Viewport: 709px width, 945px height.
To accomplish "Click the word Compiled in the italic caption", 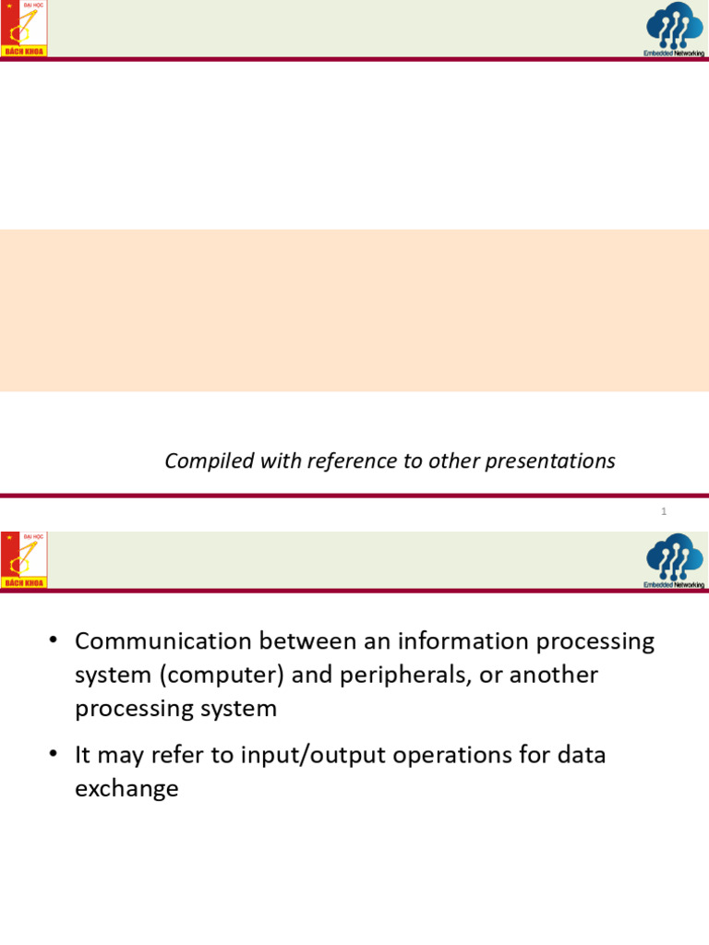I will (x=196, y=461).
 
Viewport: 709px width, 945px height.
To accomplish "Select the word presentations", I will (x=557, y=461).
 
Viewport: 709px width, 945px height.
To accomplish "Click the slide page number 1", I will (x=664, y=511).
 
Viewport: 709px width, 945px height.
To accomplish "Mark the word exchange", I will (x=126, y=789).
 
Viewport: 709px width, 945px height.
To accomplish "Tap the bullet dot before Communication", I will (x=54, y=641).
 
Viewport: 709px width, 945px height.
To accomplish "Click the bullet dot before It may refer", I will (x=54, y=755).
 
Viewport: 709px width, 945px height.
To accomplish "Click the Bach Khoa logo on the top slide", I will (x=24, y=29).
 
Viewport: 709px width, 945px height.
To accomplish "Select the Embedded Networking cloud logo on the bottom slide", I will (x=675, y=559).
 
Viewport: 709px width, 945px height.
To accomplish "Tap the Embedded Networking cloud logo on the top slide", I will (x=675, y=29).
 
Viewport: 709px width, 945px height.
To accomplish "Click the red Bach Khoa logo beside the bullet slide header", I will (x=24, y=559).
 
